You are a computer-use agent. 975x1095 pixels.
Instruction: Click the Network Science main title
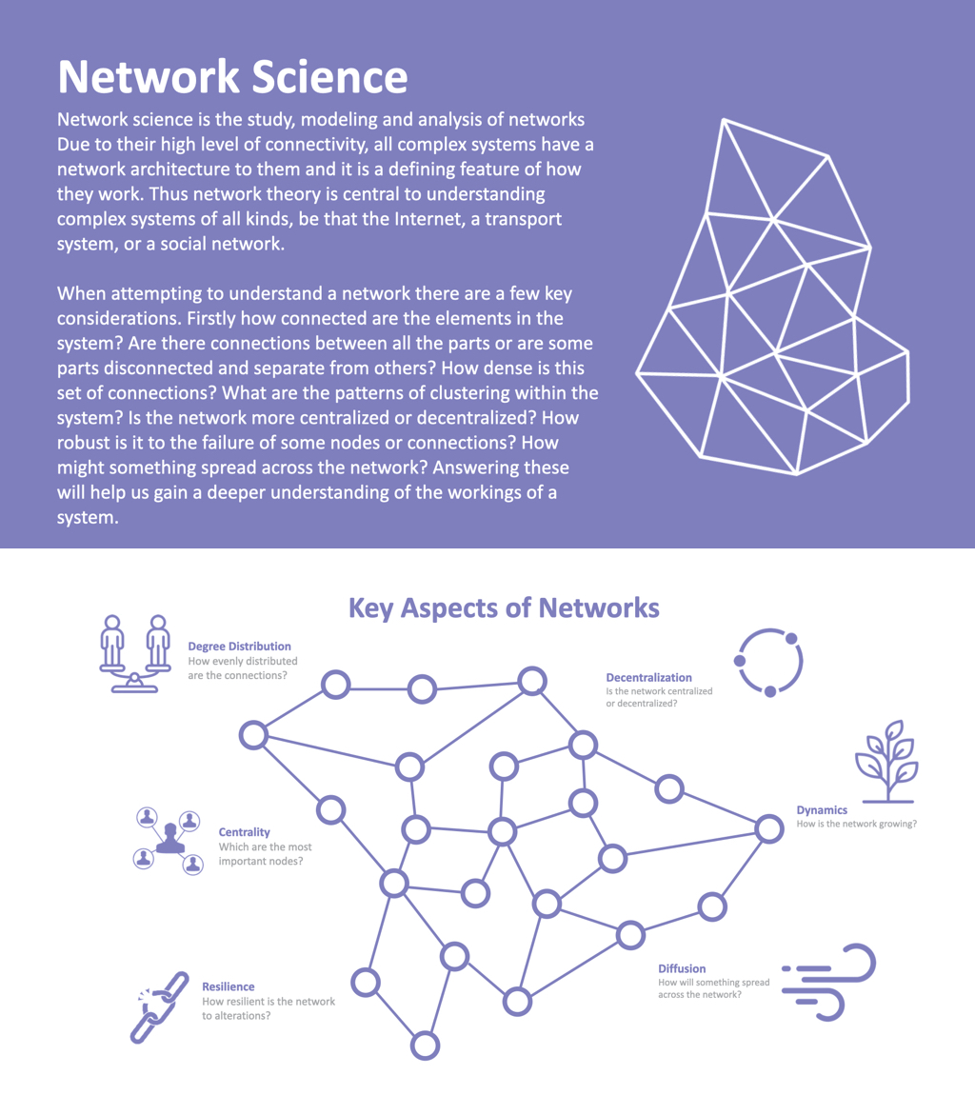[233, 76]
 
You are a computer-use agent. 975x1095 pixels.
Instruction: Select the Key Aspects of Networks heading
[504, 607]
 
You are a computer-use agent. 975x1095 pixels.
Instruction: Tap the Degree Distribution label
[239, 646]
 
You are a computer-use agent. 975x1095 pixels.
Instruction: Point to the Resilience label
[229, 985]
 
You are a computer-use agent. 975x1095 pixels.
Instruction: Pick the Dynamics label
[822, 810]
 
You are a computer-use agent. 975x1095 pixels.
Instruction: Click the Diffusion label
[682, 967]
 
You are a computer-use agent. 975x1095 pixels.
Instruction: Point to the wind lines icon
[828, 981]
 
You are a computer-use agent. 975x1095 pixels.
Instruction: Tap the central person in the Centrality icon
[170, 837]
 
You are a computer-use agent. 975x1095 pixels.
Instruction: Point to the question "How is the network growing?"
[857, 824]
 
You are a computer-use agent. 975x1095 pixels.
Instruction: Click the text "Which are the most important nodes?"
[265, 854]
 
